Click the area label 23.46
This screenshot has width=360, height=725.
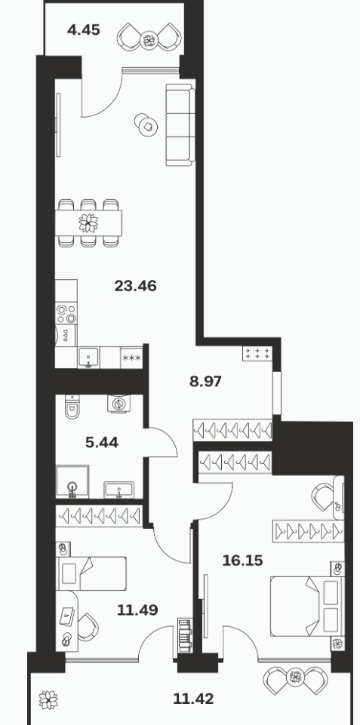(x=136, y=286)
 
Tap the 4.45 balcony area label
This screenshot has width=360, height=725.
(x=83, y=30)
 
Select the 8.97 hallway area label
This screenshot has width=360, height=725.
(x=205, y=382)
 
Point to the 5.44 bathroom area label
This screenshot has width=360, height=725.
(x=102, y=443)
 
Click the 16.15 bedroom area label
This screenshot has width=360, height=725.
(x=242, y=561)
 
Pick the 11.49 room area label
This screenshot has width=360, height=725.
(x=137, y=610)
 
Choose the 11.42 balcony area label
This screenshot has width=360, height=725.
(x=193, y=698)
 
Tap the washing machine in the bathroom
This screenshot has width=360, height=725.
(x=120, y=403)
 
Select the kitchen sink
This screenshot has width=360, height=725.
(x=89, y=358)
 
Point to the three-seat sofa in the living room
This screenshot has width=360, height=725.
(x=180, y=124)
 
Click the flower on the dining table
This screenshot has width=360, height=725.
(x=88, y=223)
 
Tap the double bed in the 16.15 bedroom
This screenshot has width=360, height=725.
(x=307, y=606)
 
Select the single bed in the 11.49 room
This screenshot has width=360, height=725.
(x=91, y=573)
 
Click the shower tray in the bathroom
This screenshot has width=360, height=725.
(x=72, y=482)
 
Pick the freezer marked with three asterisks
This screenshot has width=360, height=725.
(x=132, y=358)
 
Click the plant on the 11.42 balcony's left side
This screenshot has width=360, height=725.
(x=48, y=699)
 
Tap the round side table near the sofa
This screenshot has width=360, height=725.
(x=146, y=124)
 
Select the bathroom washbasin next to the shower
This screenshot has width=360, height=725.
(x=119, y=490)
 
